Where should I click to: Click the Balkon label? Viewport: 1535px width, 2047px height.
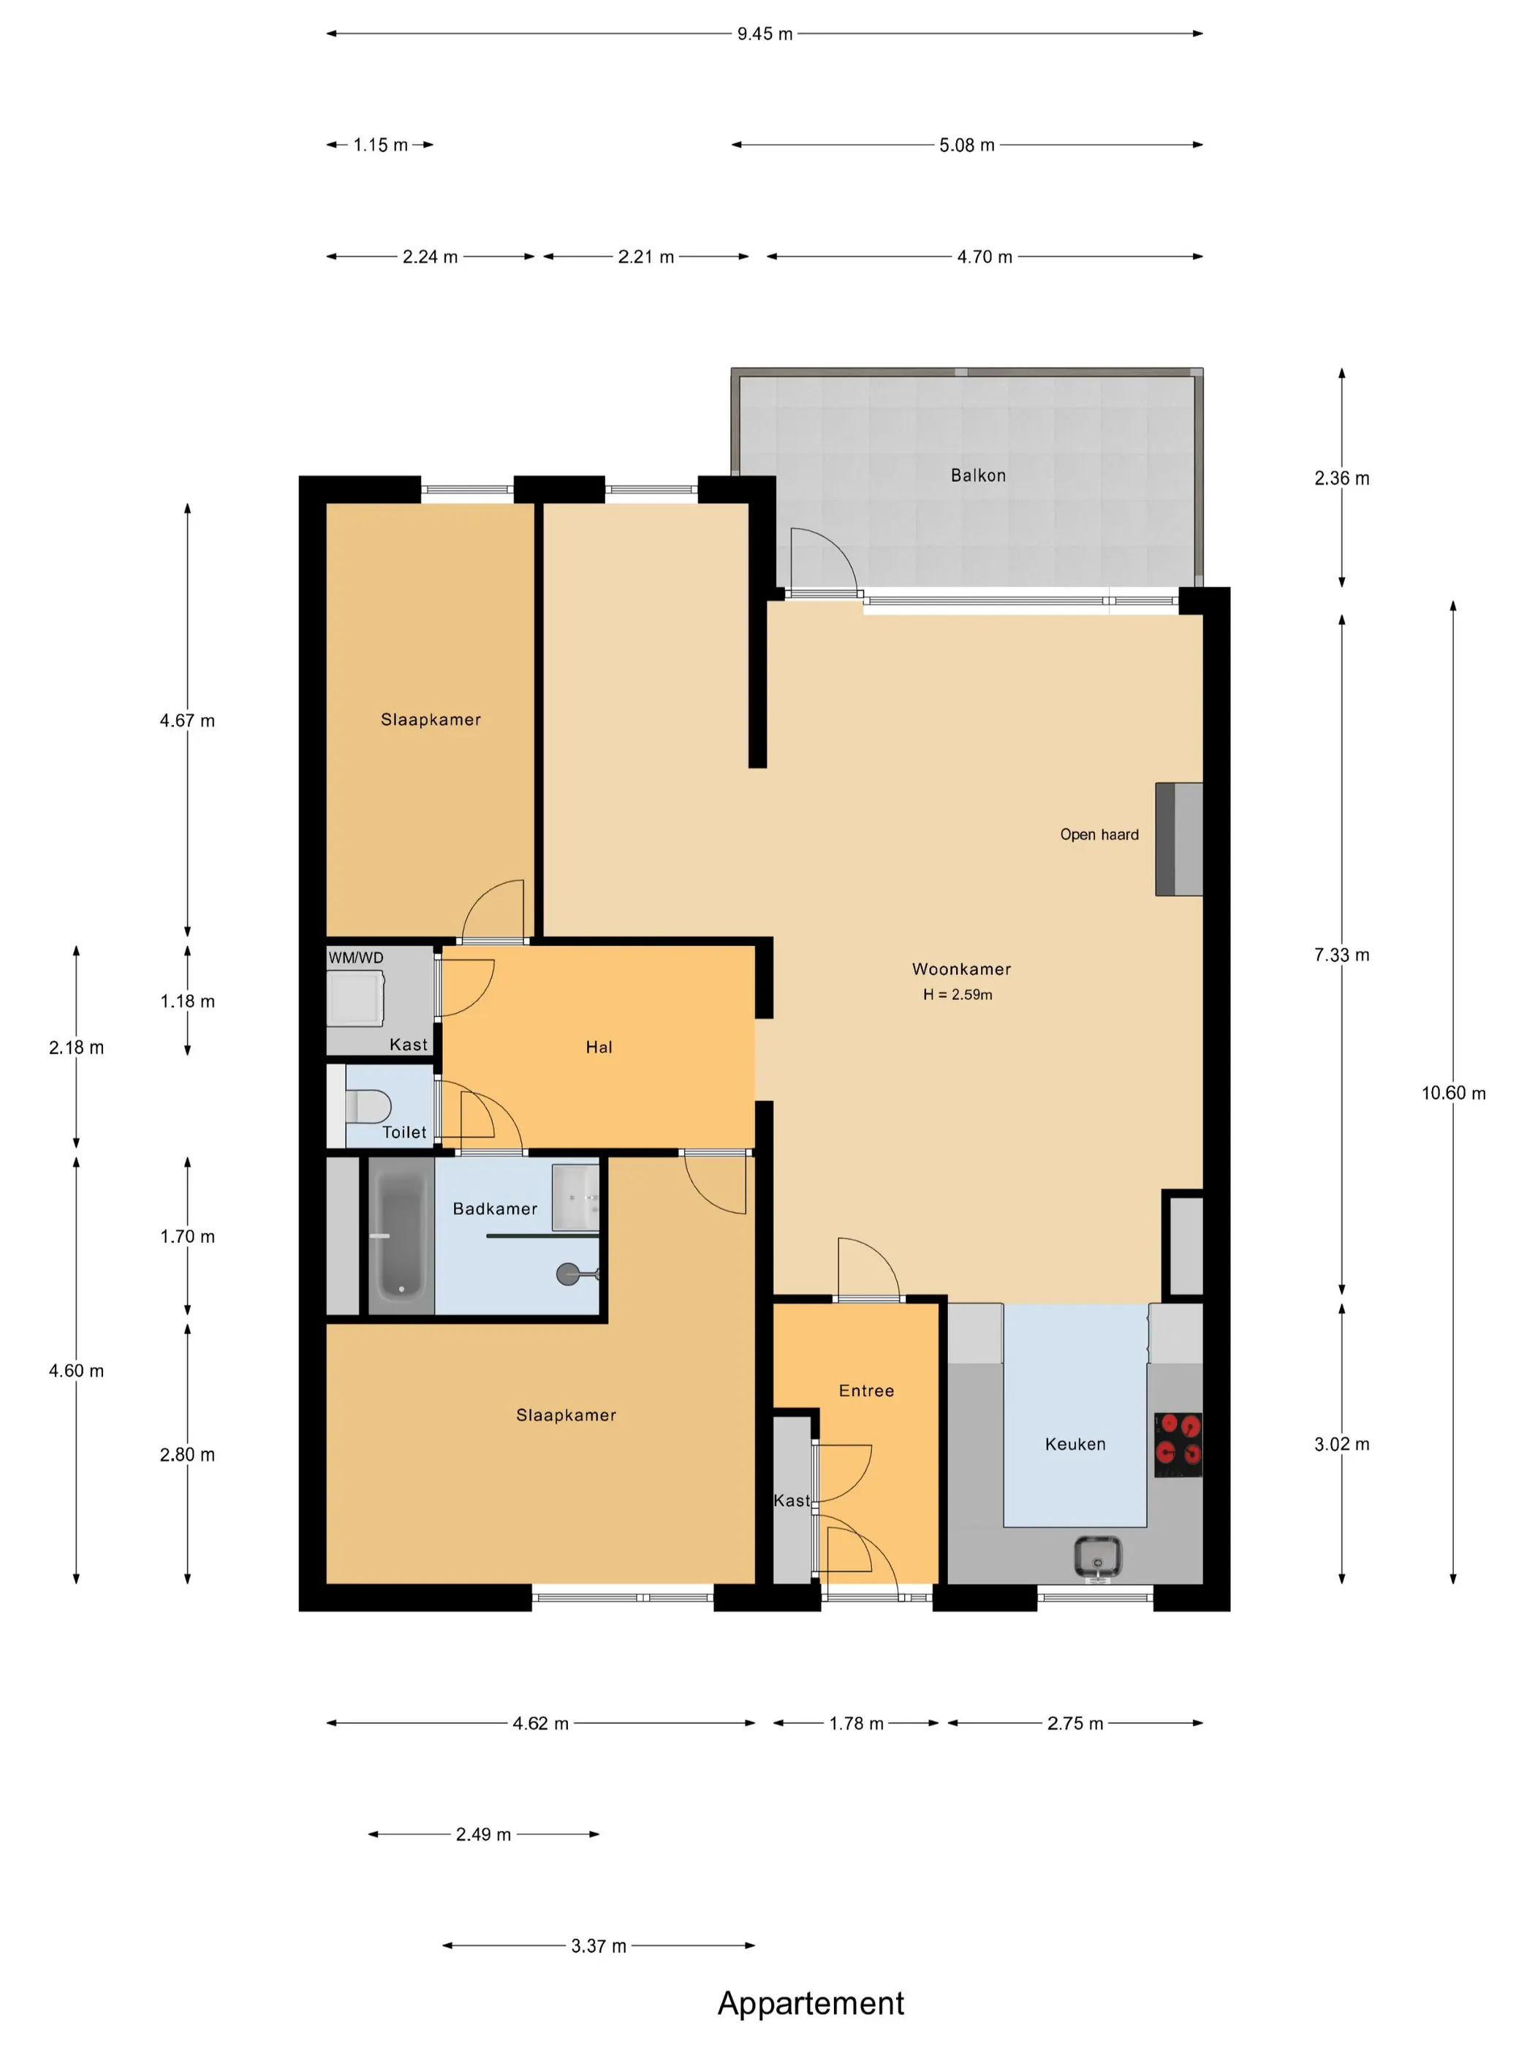point(978,476)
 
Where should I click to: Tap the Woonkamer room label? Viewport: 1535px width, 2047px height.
point(961,969)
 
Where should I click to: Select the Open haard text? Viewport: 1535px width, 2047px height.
point(1099,835)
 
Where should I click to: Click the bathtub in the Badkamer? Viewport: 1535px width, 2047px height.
point(401,1236)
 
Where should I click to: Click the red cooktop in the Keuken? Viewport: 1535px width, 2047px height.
point(1178,1445)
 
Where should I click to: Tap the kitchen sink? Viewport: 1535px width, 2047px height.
point(1099,1556)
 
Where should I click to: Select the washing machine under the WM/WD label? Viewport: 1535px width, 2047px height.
point(355,998)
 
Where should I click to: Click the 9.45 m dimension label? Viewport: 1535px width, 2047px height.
point(765,34)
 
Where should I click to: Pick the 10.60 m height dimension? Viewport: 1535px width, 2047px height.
point(1454,1093)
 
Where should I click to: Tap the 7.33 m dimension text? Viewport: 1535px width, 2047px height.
point(1341,955)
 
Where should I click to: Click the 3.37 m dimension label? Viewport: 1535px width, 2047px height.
point(599,1946)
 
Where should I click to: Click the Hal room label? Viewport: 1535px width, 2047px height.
point(599,1048)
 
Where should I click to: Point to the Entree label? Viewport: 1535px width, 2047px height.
point(866,1391)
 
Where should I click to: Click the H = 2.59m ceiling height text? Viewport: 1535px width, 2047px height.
point(958,995)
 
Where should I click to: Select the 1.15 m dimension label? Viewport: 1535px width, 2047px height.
point(380,145)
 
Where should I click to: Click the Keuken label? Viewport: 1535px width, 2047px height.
point(1075,1445)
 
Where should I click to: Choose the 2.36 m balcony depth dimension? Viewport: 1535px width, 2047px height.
point(1341,478)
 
